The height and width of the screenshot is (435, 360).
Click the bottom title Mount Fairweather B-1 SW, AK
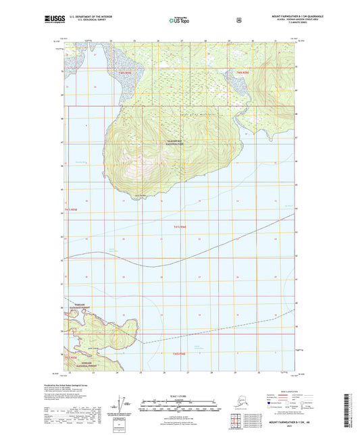coord(284,422)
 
